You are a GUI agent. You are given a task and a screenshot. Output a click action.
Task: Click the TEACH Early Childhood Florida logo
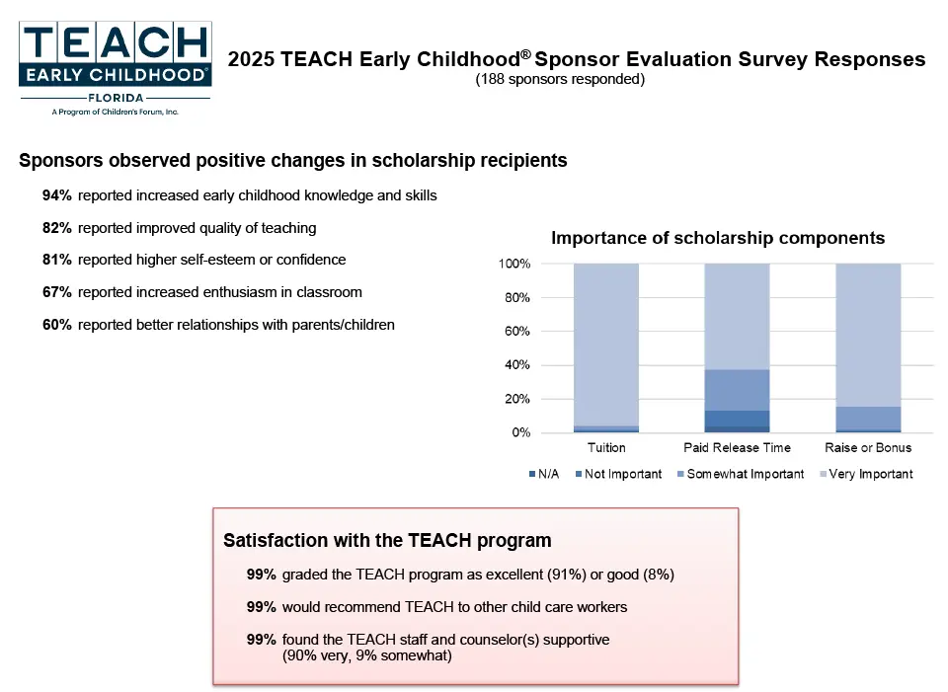[115, 68]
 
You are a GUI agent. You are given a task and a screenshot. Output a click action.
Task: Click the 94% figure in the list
[57, 195]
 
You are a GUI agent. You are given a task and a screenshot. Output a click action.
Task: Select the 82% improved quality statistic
[179, 228]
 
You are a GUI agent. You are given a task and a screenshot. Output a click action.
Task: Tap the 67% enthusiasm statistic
[201, 292]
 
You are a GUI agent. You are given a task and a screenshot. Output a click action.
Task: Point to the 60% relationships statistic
[218, 325]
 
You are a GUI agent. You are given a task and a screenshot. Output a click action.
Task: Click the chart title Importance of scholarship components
[718, 238]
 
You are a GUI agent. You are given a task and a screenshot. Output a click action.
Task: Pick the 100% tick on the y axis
[514, 264]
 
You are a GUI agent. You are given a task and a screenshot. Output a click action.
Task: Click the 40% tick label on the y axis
[517, 365]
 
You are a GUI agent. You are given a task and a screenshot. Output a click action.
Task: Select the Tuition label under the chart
[606, 448]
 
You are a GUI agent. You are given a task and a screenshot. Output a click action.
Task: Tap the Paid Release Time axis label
[737, 448]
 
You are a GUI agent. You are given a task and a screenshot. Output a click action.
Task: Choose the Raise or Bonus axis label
[868, 448]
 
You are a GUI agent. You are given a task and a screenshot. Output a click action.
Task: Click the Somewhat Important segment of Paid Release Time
[737, 390]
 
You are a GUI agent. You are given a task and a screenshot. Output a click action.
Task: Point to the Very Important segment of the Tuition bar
[606, 345]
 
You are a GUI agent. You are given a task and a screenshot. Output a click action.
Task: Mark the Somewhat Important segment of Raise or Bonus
[868, 419]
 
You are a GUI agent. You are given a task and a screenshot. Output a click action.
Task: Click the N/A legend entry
[544, 474]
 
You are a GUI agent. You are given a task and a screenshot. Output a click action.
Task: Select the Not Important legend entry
[618, 474]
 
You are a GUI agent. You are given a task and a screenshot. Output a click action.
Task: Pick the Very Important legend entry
[866, 474]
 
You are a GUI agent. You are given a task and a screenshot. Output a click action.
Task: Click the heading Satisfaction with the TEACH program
[387, 540]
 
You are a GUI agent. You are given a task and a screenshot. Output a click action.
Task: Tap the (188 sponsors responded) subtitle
[560, 79]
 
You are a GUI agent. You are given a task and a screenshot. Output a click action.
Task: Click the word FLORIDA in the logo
[116, 98]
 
